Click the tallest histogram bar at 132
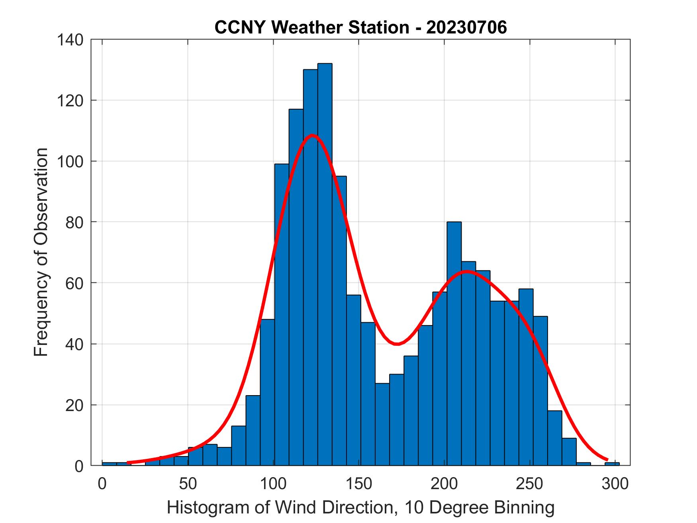tap(325, 263)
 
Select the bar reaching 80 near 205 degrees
tap(454, 343)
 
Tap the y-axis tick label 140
tap(70, 40)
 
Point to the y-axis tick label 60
tap(74, 283)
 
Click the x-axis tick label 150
tap(359, 484)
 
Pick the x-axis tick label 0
tap(102, 484)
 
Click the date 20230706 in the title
tap(466, 27)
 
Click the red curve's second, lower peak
tap(466, 271)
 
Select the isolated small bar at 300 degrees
tap(612, 464)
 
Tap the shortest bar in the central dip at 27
tap(382, 424)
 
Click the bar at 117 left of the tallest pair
tap(296, 287)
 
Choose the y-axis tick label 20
tap(74, 405)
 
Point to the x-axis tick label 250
tap(530, 484)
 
